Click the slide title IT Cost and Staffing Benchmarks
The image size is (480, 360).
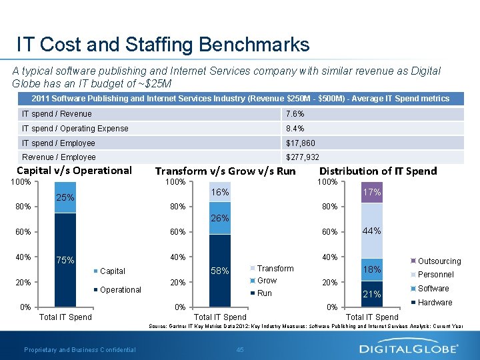click(x=163, y=45)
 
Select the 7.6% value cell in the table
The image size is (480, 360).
click(x=296, y=114)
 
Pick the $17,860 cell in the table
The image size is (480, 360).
click(x=301, y=143)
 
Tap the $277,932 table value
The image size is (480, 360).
click(x=303, y=157)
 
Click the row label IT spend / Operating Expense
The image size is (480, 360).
click(x=75, y=128)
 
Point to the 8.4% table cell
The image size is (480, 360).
click(x=296, y=128)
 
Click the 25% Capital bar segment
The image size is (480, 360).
click(x=65, y=198)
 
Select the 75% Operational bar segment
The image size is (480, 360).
click(x=65, y=259)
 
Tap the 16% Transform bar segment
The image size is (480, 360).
click(x=220, y=192)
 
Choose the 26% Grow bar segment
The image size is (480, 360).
click(x=220, y=218)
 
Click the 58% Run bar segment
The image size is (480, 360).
click(x=220, y=271)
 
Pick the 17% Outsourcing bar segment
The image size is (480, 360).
click(x=372, y=193)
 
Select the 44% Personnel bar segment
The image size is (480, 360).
click(x=372, y=231)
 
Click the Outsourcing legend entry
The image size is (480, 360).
click(x=437, y=261)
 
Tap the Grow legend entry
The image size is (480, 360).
click(x=267, y=281)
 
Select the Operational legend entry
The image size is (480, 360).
click(x=120, y=290)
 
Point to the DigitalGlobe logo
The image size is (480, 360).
click(x=409, y=348)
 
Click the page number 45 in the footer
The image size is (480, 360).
click(x=240, y=350)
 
